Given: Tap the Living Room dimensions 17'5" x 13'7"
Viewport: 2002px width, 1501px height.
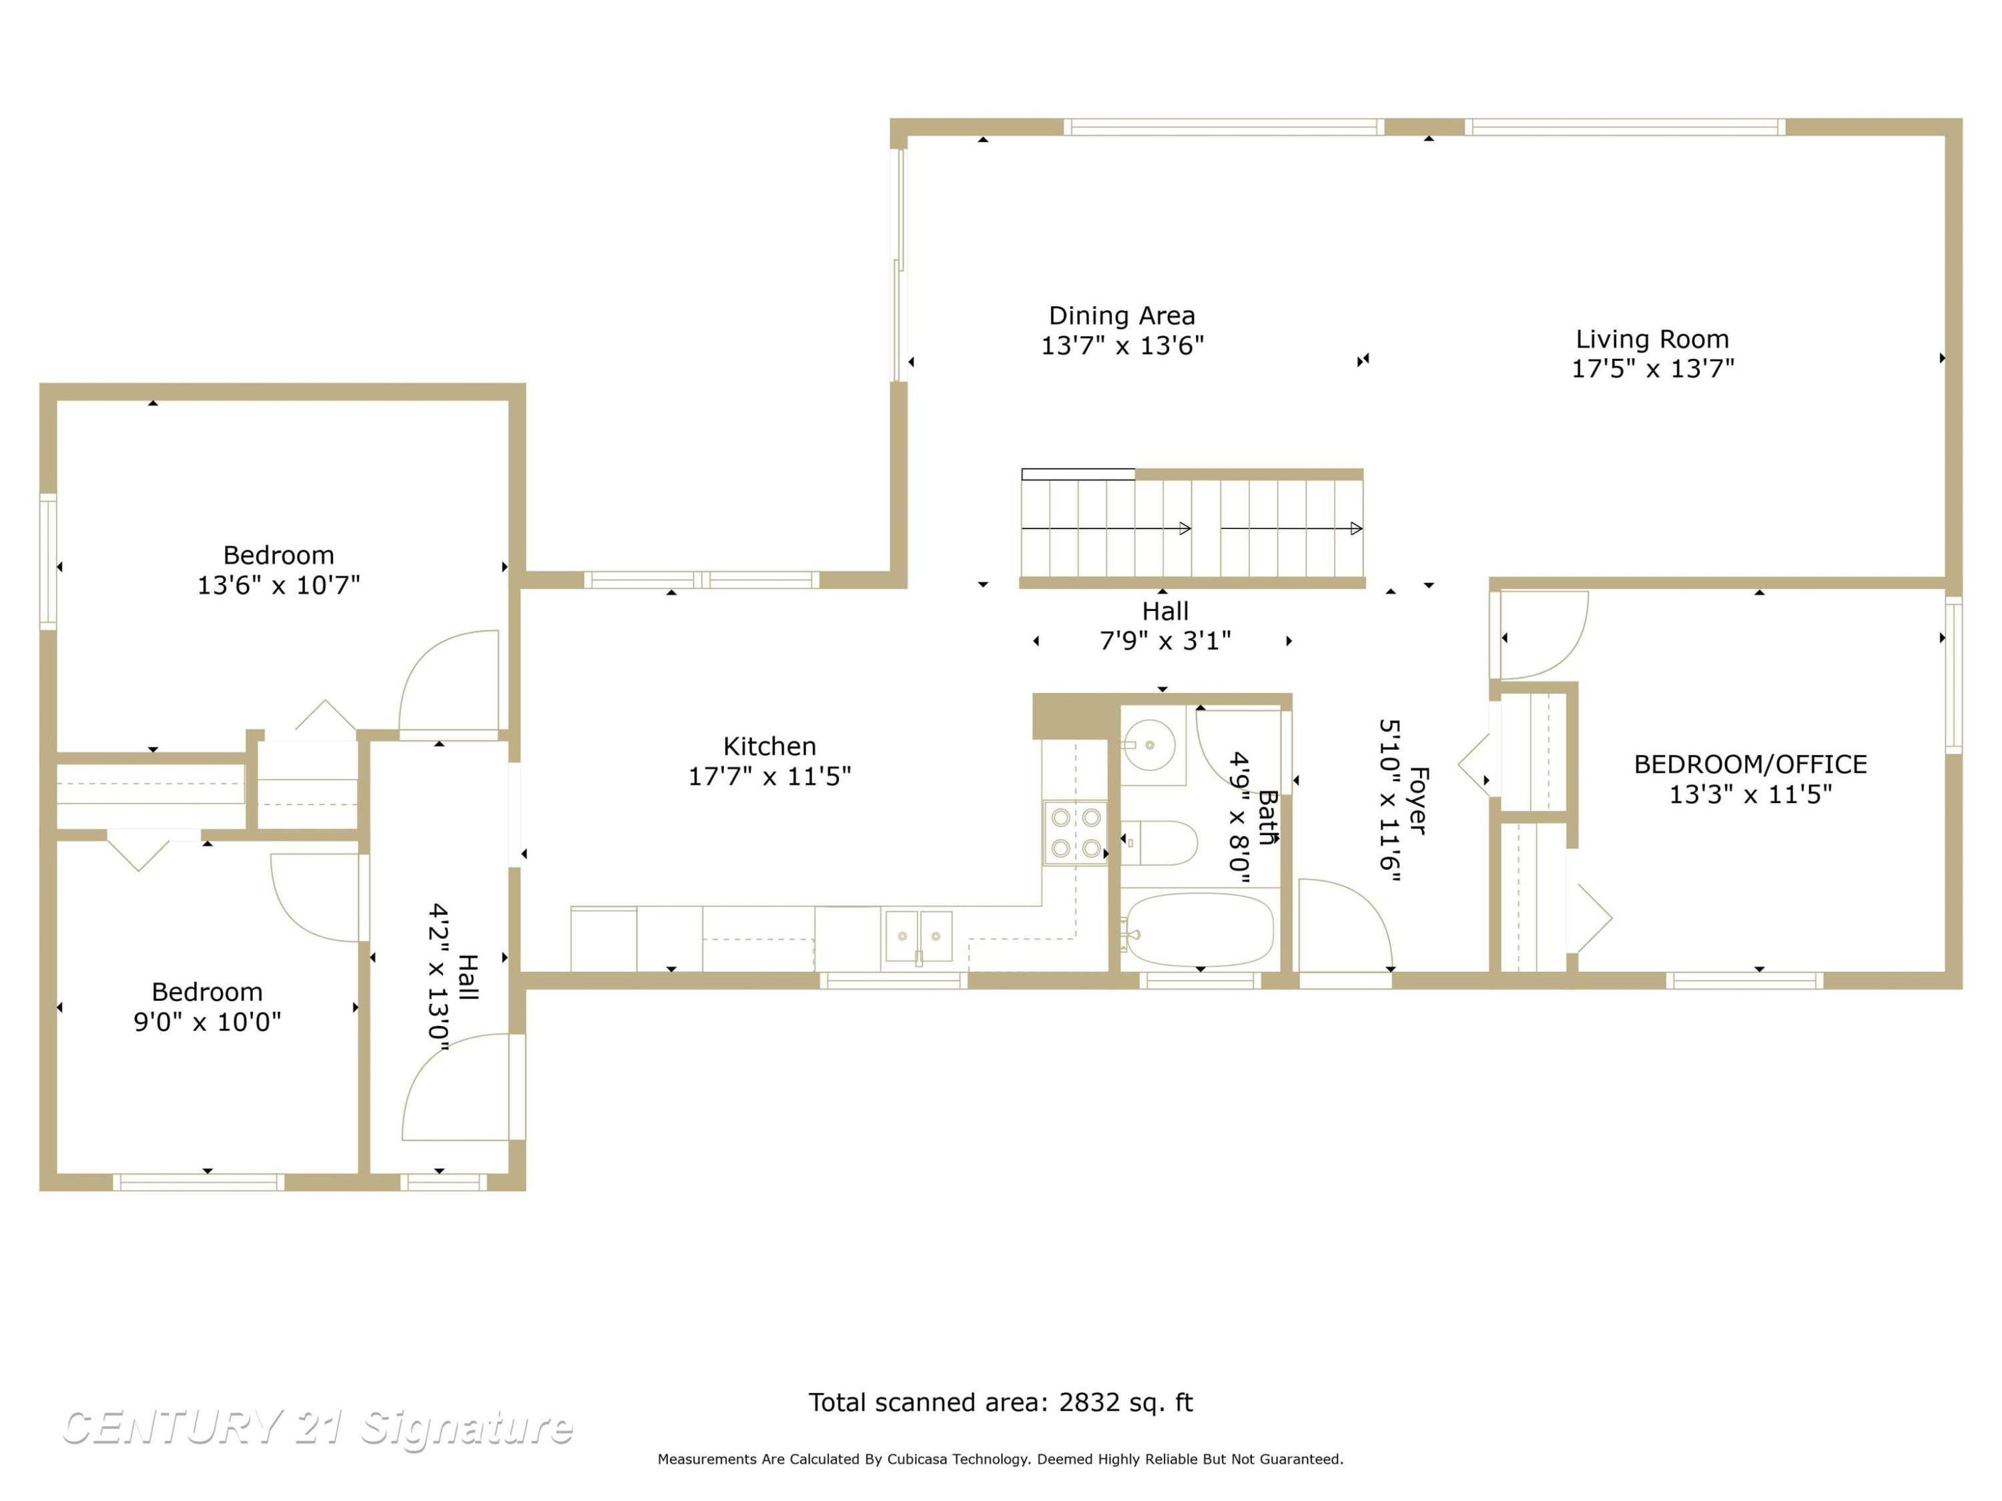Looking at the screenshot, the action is [x=1652, y=368].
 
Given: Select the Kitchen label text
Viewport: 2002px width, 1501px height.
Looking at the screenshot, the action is [x=769, y=746].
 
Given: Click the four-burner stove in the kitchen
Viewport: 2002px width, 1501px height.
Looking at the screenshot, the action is [x=1075, y=833].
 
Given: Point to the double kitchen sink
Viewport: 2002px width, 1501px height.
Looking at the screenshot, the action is [x=919, y=937].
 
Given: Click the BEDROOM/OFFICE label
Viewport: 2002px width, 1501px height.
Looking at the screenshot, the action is [x=1750, y=765].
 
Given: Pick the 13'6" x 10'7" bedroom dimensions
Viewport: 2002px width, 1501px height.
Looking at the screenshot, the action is [x=279, y=585].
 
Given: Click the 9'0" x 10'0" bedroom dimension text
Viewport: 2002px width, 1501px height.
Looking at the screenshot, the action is [x=208, y=1021].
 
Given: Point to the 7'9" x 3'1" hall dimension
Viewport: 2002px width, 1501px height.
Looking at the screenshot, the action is [x=1164, y=640].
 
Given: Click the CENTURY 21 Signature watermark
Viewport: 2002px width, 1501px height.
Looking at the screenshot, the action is [x=317, y=1428].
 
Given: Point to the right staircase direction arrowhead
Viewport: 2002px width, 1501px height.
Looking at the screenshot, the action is [x=1357, y=528].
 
